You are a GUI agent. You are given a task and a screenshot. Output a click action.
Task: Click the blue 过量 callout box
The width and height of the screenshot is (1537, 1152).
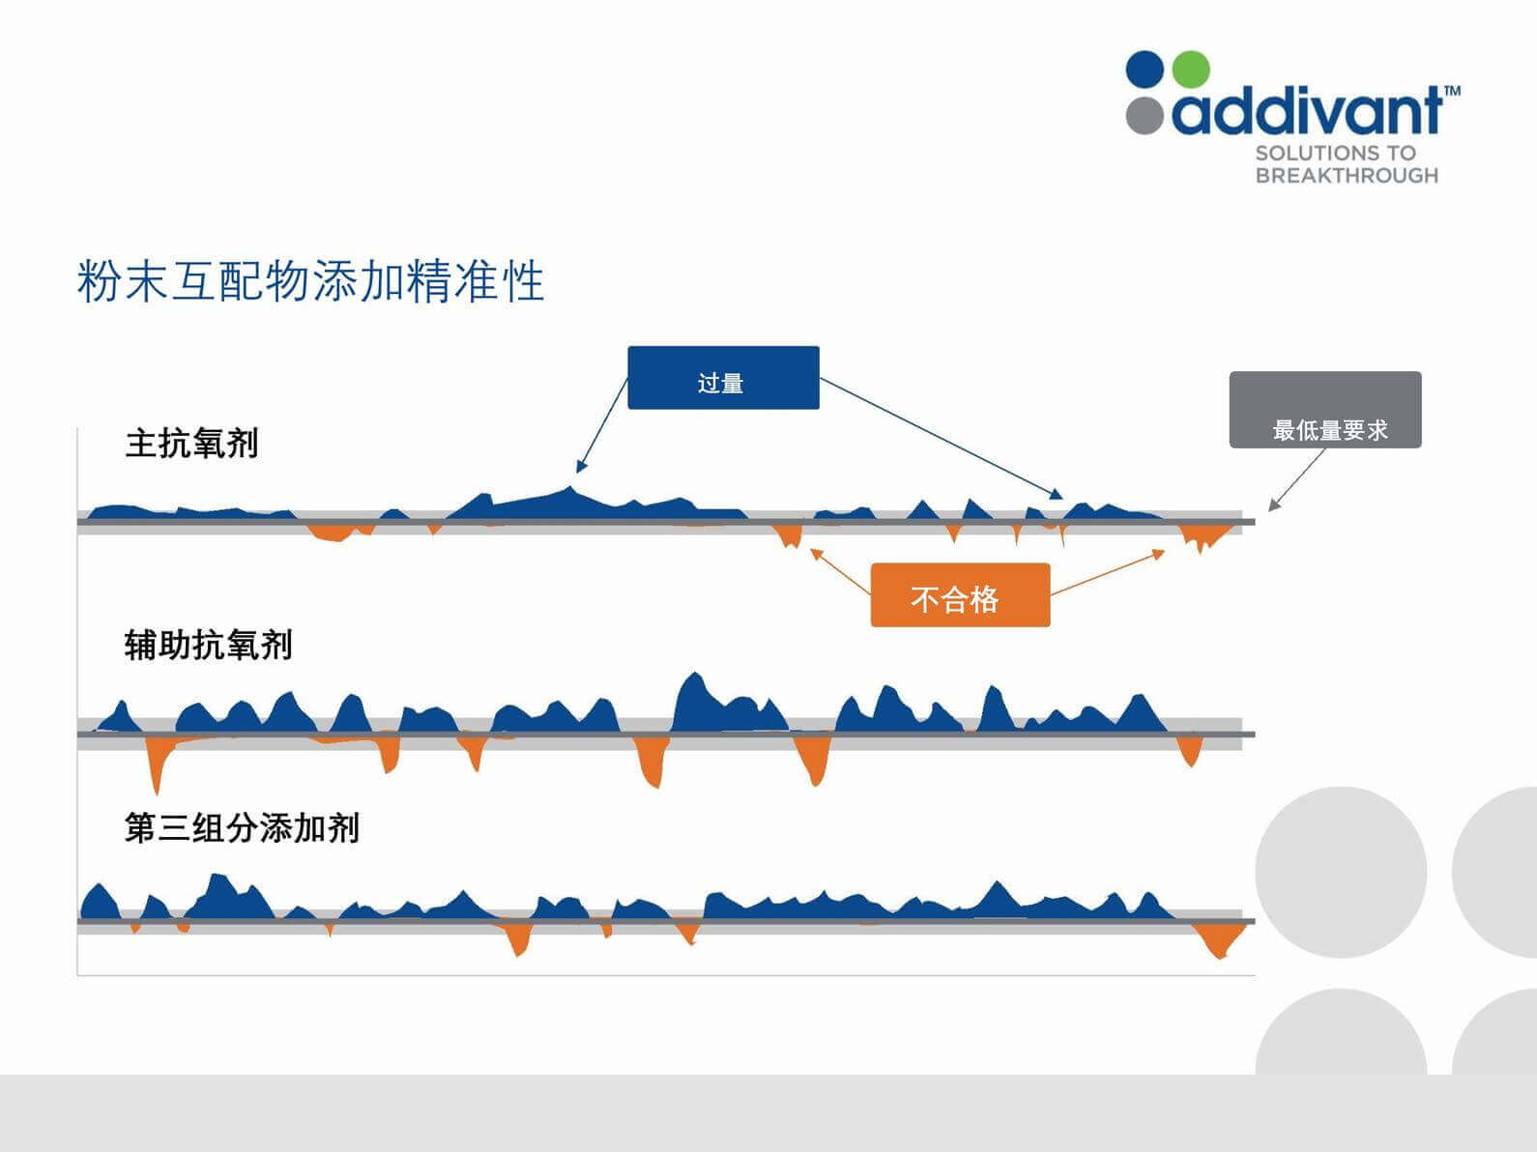[723, 377]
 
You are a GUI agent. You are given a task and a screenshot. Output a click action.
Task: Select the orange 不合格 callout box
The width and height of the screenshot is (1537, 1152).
[960, 595]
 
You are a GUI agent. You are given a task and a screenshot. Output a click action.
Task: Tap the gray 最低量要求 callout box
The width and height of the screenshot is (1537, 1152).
[1325, 410]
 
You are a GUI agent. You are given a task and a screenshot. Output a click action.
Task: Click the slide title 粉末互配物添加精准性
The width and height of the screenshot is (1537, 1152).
[310, 281]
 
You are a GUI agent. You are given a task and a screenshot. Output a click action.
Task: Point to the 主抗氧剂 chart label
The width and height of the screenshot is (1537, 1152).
[191, 443]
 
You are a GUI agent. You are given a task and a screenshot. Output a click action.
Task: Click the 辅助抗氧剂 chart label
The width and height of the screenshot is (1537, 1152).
[209, 645]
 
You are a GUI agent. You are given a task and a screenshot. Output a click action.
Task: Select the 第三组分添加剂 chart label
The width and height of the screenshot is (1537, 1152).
[243, 828]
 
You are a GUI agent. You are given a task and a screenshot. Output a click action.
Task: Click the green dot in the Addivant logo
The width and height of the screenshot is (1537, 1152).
[1191, 70]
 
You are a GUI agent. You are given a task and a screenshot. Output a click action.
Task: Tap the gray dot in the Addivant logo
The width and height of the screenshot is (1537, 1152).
[1145, 115]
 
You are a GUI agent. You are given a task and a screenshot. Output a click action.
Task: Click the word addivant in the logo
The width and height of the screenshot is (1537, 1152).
[1307, 110]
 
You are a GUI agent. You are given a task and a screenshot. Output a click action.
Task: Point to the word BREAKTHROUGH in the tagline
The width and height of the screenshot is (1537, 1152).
[1347, 175]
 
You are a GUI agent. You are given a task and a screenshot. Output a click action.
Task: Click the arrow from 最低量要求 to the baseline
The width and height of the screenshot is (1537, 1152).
[1297, 479]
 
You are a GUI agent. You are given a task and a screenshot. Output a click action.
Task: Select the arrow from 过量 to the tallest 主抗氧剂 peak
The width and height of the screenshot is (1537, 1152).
[601, 425]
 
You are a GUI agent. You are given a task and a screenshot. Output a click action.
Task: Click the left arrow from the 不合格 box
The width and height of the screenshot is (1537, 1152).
[840, 572]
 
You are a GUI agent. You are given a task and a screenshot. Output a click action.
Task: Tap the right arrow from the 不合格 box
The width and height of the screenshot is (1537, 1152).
[1108, 572]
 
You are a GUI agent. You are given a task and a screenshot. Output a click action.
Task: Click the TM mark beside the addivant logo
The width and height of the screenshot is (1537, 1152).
[1452, 90]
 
